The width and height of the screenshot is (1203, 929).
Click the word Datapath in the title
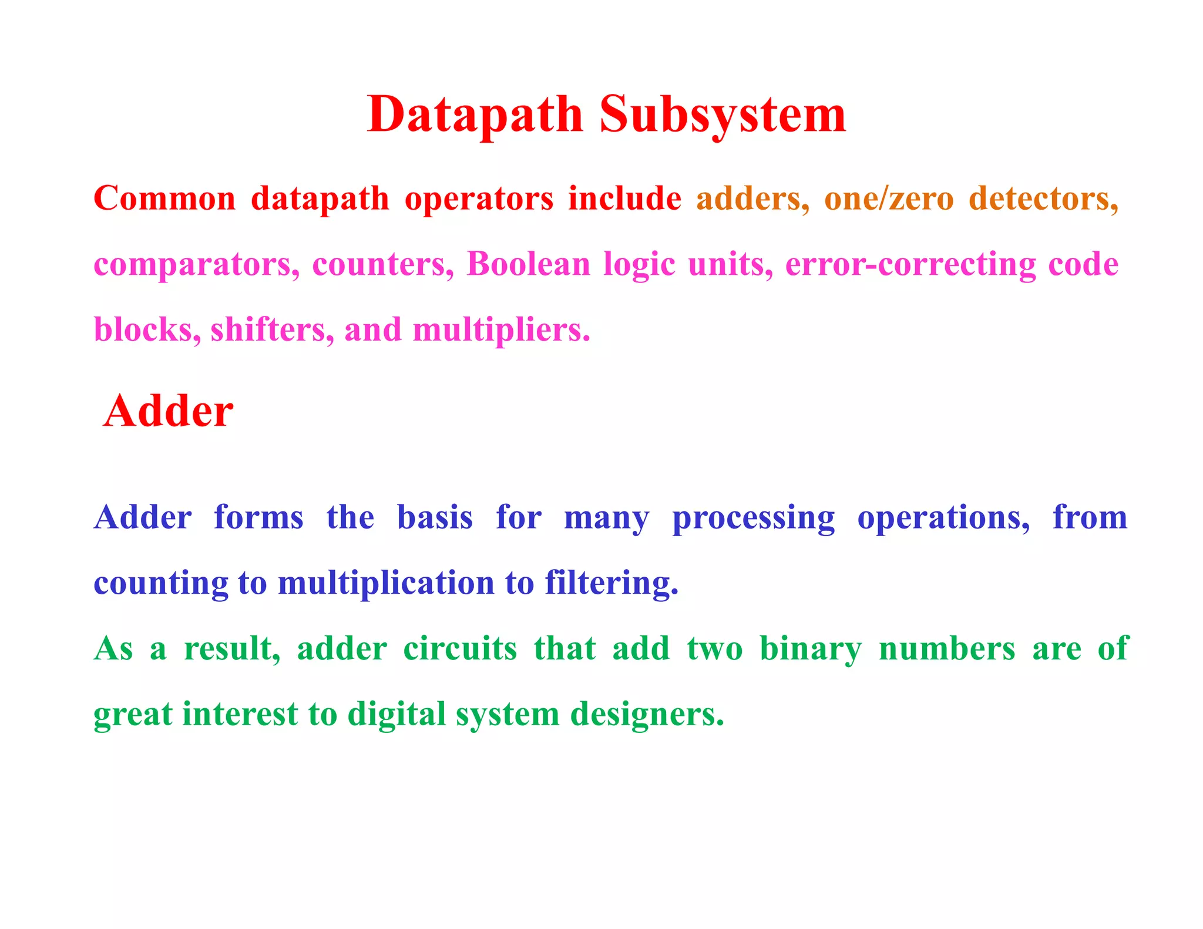pos(475,115)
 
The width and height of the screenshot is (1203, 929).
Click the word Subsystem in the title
pos(723,115)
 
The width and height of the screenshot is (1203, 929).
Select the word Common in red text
pos(164,198)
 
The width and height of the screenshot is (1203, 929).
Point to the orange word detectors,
pos(1043,198)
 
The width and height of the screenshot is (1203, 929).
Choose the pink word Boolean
pos(528,264)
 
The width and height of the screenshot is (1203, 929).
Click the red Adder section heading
pos(168,411)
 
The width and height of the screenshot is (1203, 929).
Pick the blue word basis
pos(435,518)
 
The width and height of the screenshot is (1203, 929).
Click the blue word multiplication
pos(386,584)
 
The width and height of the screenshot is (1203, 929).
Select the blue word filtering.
pos(611,584)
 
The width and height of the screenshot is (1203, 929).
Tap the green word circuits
pos(460,649)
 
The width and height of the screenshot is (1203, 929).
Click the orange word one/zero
pos(889,198)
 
